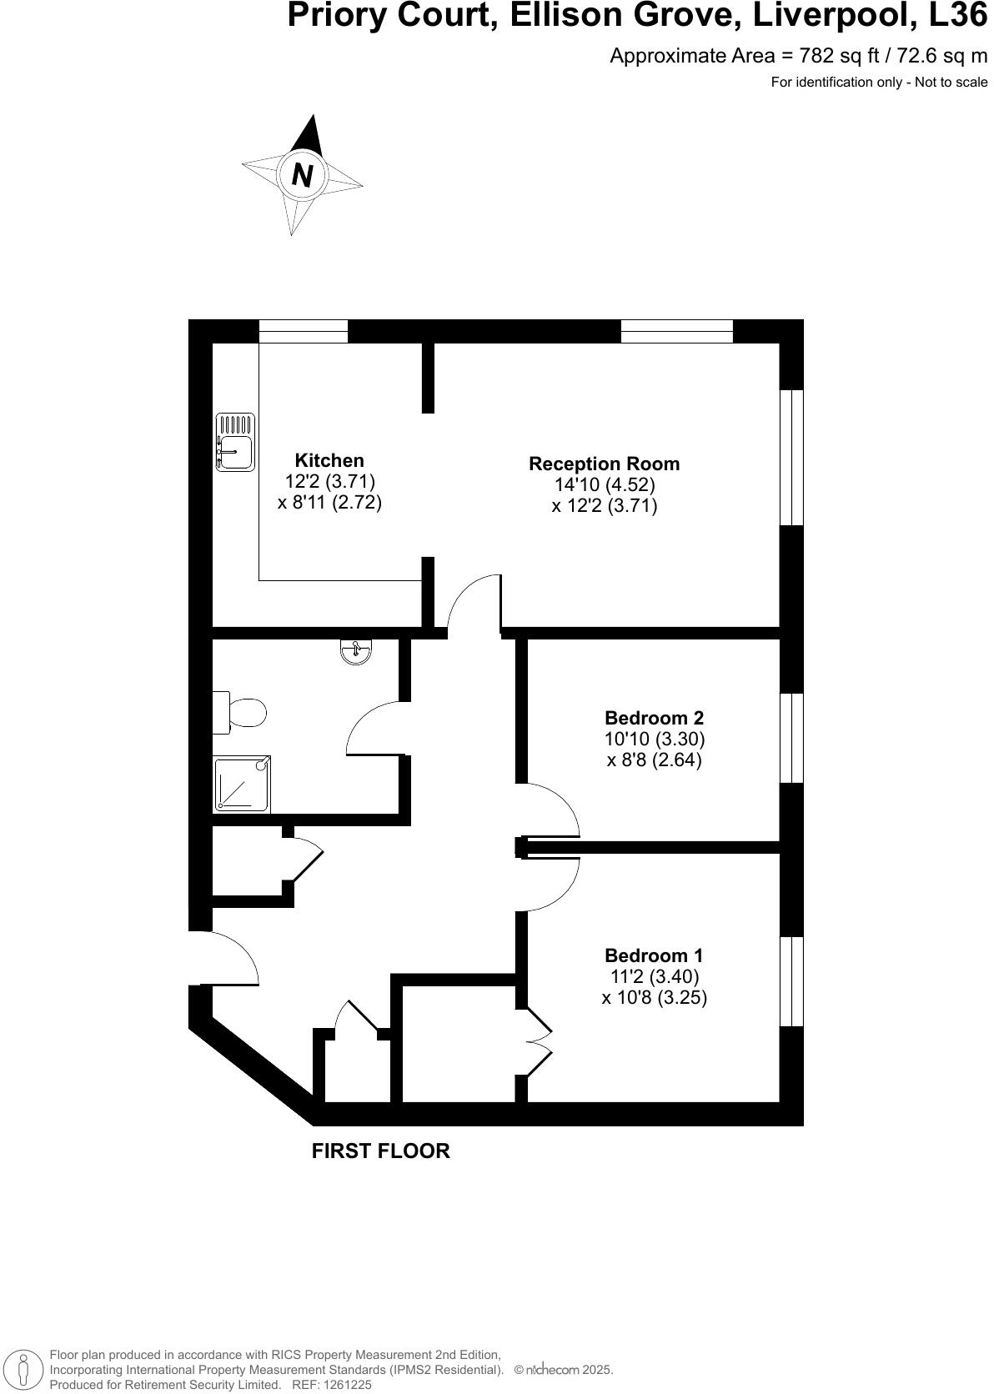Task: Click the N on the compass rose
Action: click(x=302, y=175)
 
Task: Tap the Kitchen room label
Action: click(x=329, y=460)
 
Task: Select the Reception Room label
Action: click(x=605, y=464)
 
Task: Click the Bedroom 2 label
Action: click(x=655, y=718)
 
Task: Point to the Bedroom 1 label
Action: click(x=655, y=955)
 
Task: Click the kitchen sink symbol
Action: click(x=234, y=442)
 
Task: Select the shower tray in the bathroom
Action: click(x=242, y=784)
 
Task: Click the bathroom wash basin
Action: click(x=357, y=651)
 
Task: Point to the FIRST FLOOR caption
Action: click(x=380, y=1151)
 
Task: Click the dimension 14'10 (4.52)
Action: click(x=605, y=484)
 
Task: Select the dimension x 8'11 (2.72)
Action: click(x=329, y=503)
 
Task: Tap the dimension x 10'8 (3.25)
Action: click(x=655, y=998)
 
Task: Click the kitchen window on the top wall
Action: click(x=303, y=331)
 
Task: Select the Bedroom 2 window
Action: click(x=791, y=737)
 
